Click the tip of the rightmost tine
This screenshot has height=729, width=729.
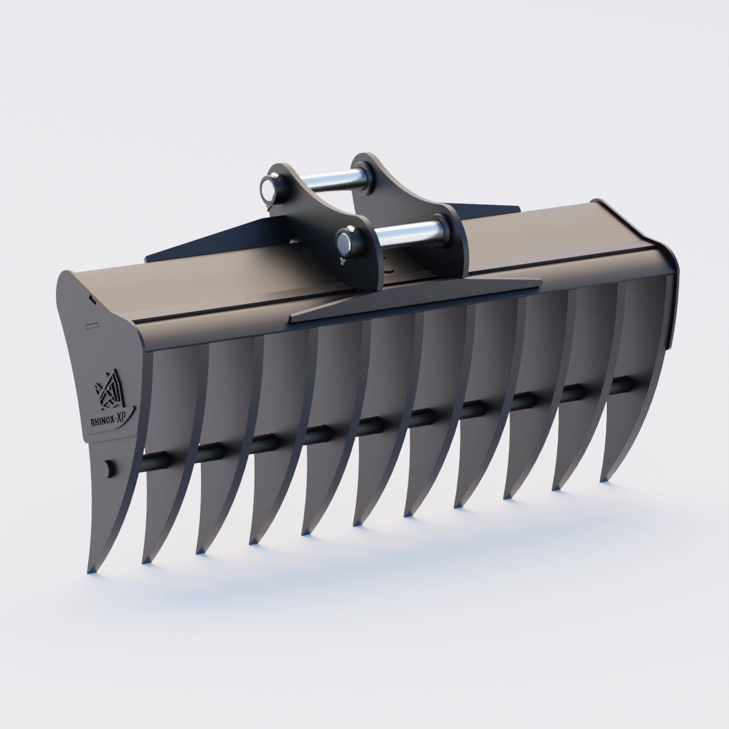[603, 481]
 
